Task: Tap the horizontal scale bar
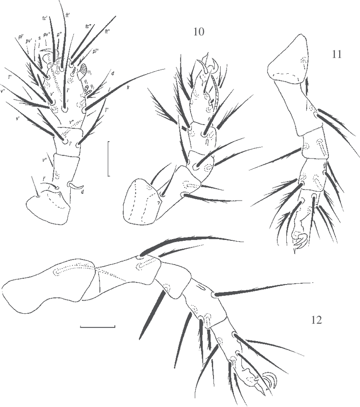pyautogui.click(x=97, y=327)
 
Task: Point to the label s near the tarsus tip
pyautogui.click(x=39, y=38)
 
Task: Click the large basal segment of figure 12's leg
pyautogui.click(x=47, y=284)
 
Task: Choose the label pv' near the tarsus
pyautogui.click(x=29, y=41)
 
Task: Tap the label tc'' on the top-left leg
pyautogui.click(x=89, y=26)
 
